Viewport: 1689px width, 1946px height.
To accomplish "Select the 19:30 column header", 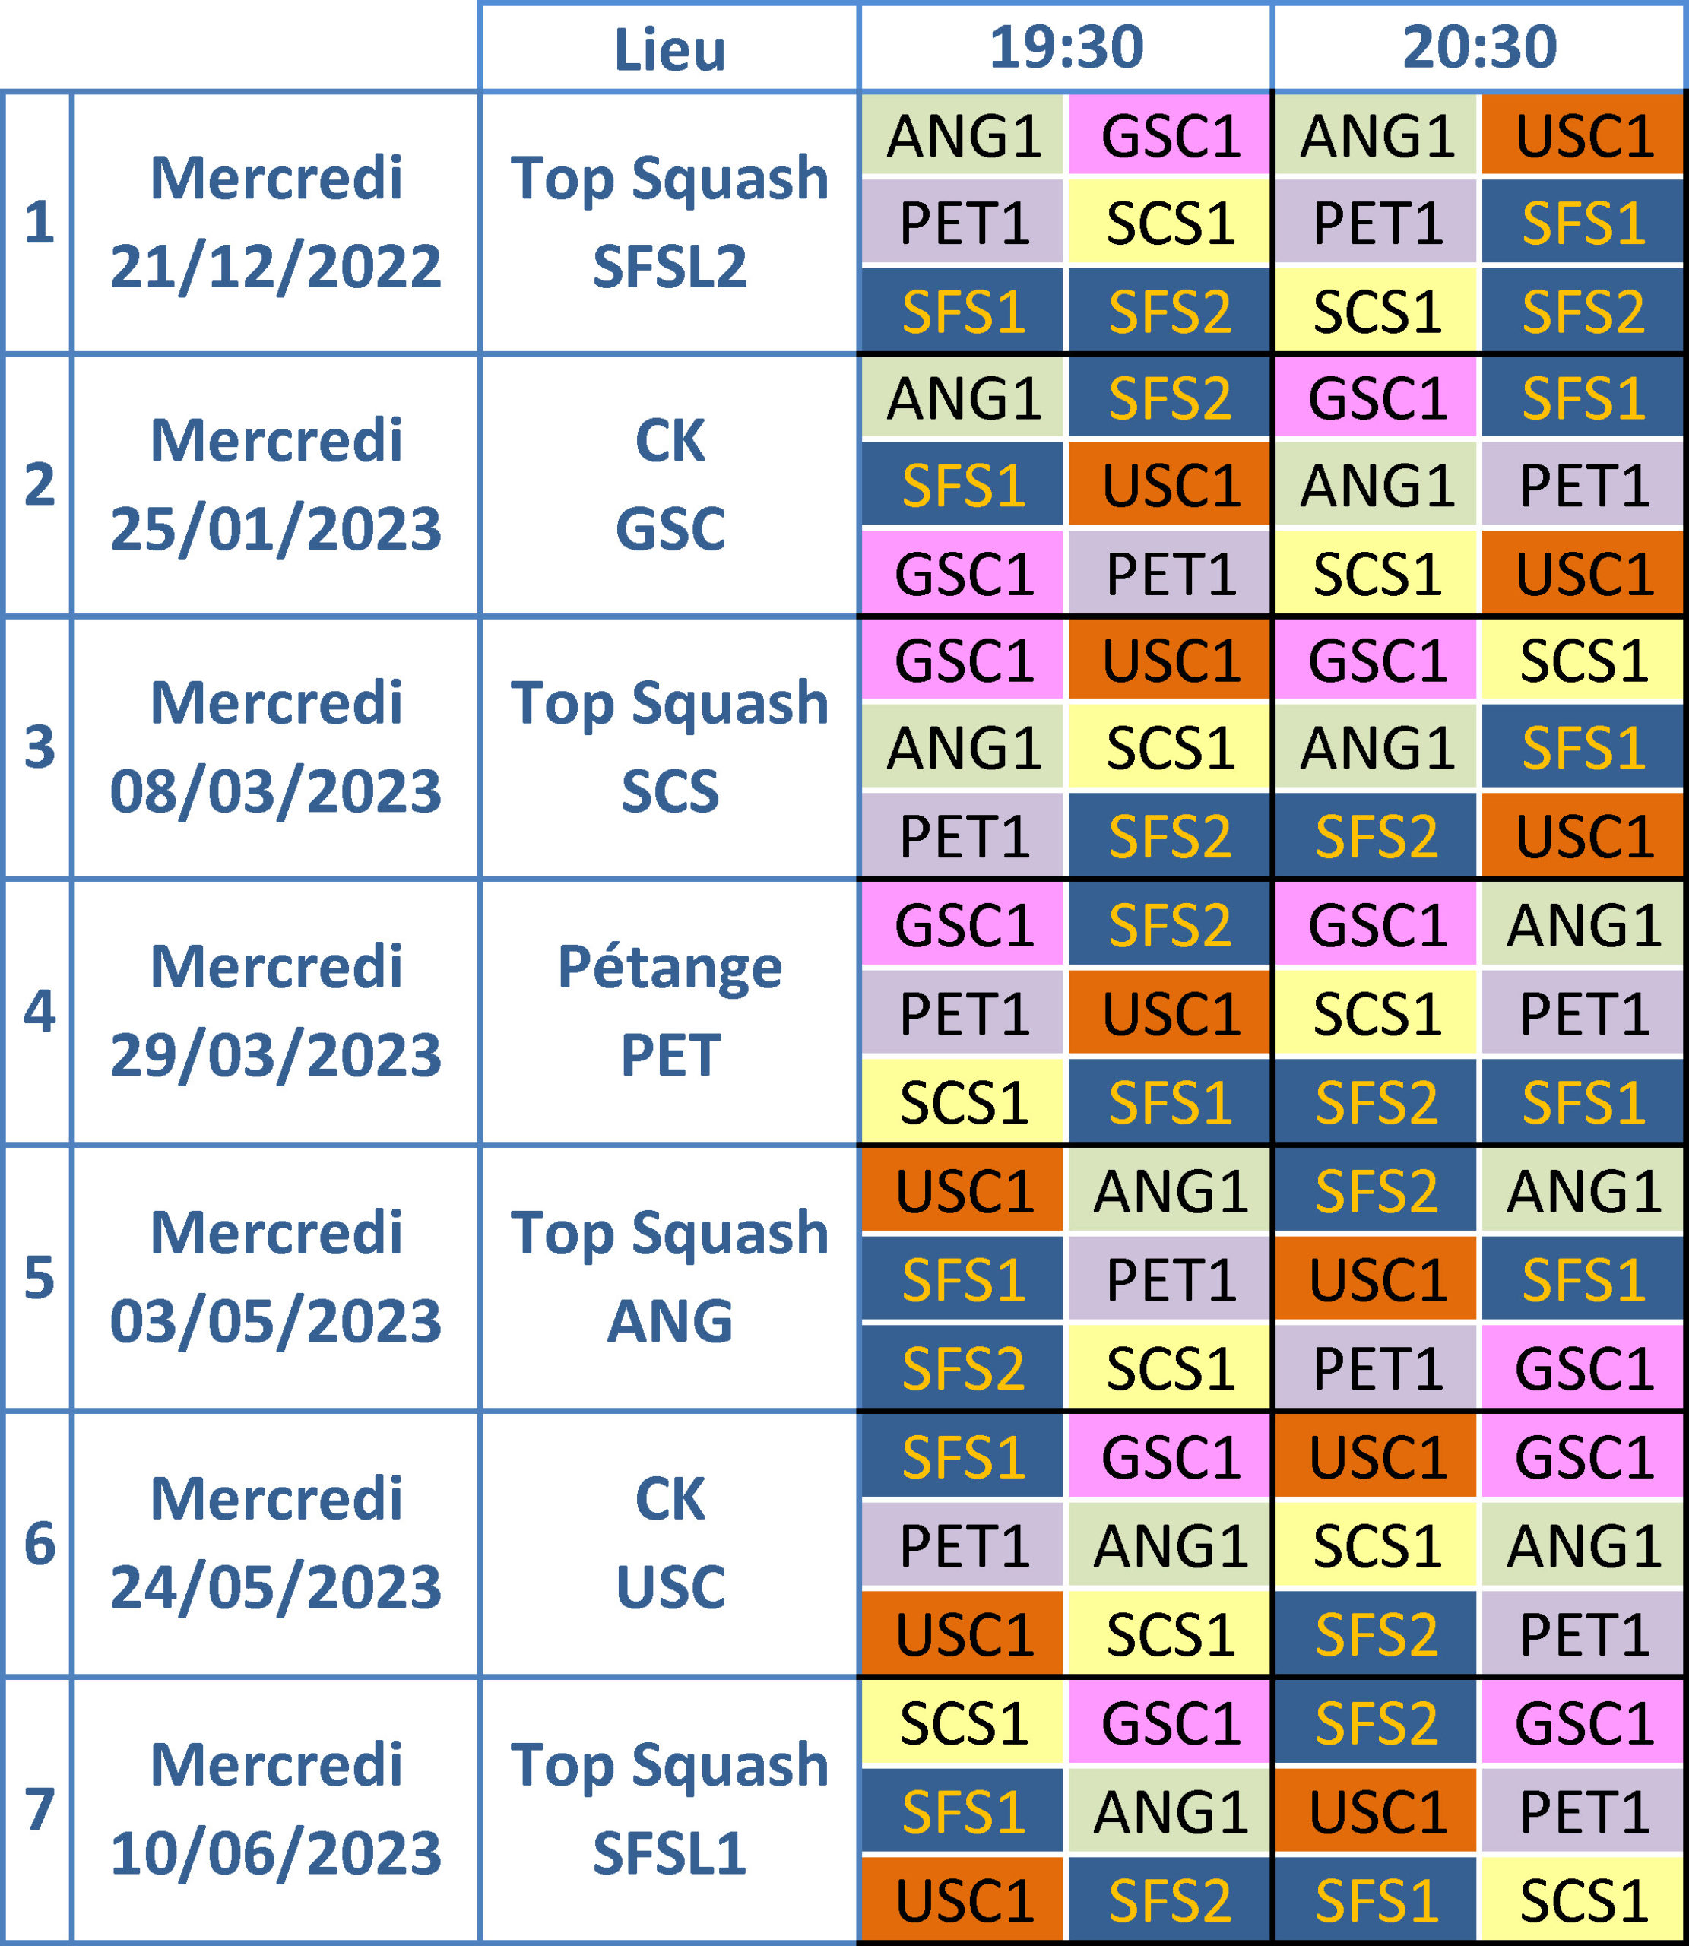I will click(1065, 47).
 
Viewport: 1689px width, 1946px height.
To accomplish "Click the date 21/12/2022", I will click(275, 267).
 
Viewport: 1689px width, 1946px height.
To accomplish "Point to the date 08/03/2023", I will click(275, 791).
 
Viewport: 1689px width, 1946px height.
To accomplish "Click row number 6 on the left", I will click(39, 1545).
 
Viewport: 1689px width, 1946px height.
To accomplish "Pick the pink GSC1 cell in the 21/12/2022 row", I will click(1170, 136).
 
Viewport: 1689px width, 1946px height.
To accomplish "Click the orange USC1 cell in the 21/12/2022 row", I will click(1583, 136).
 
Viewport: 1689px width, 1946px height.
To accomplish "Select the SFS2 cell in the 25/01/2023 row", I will click(1170, 398).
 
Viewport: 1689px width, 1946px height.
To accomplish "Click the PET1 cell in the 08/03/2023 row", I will click(963, 836).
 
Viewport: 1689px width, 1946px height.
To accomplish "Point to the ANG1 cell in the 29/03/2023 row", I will click(1583, 925).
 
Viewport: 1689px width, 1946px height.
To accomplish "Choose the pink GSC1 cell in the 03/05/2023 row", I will click(1583, 1368).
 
